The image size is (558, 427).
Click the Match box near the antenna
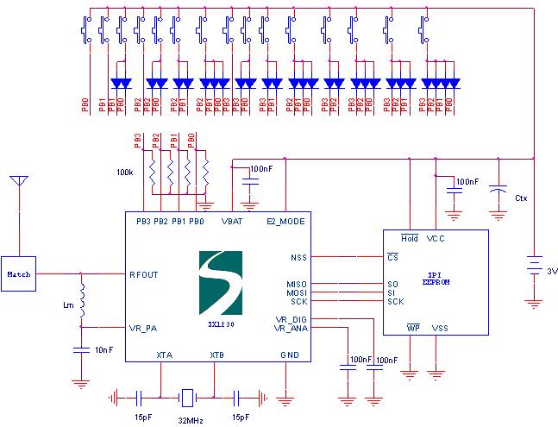tap(18, 273)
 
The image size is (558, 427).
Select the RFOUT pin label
tap(143, 274)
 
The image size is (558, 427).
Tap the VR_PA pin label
tap(142, 327)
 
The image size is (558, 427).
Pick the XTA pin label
tap(163, 355)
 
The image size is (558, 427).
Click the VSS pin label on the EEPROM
tap(439, 328)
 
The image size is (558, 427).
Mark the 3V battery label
tap(551, 271)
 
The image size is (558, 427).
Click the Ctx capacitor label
tap(520, 198)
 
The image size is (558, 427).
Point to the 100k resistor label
tap(126, 173)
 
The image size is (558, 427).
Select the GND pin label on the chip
tap(288, 355)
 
